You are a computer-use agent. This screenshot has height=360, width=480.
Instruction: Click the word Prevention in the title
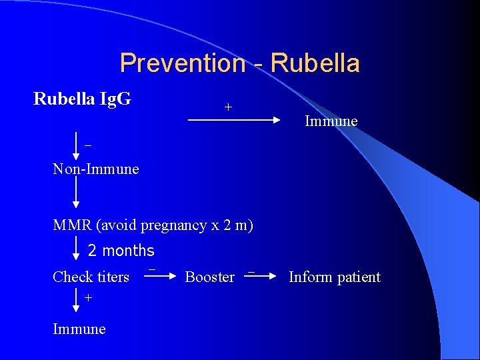(182, 64)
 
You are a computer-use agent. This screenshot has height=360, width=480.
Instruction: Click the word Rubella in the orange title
(316, 64)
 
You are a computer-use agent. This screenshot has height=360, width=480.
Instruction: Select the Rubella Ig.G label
(82, 99)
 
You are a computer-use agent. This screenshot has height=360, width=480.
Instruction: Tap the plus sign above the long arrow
(228, 107)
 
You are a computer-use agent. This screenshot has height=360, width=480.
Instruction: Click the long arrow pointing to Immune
(233, 120)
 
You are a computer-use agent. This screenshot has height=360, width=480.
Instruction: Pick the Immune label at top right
(331, 121)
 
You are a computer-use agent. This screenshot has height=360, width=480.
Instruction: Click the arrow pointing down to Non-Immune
(76, 146)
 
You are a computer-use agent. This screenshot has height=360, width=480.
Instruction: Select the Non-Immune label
(96, 169)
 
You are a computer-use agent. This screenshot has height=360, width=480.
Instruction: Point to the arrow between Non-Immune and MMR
(76, 193)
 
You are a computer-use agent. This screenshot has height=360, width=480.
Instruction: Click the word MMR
(73, 225)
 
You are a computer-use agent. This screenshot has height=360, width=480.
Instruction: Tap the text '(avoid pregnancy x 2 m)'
(175, 225)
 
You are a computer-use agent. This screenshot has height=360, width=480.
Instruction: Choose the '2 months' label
(121, 251)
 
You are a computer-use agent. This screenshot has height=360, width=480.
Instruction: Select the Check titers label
(91, 277)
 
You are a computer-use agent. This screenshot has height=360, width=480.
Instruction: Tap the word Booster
(209, 277)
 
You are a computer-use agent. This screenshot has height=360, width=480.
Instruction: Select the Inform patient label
(334, 277)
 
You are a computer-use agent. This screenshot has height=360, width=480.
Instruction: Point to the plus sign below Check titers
(88, 298)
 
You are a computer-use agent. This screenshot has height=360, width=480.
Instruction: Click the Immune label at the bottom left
(79, 329)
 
